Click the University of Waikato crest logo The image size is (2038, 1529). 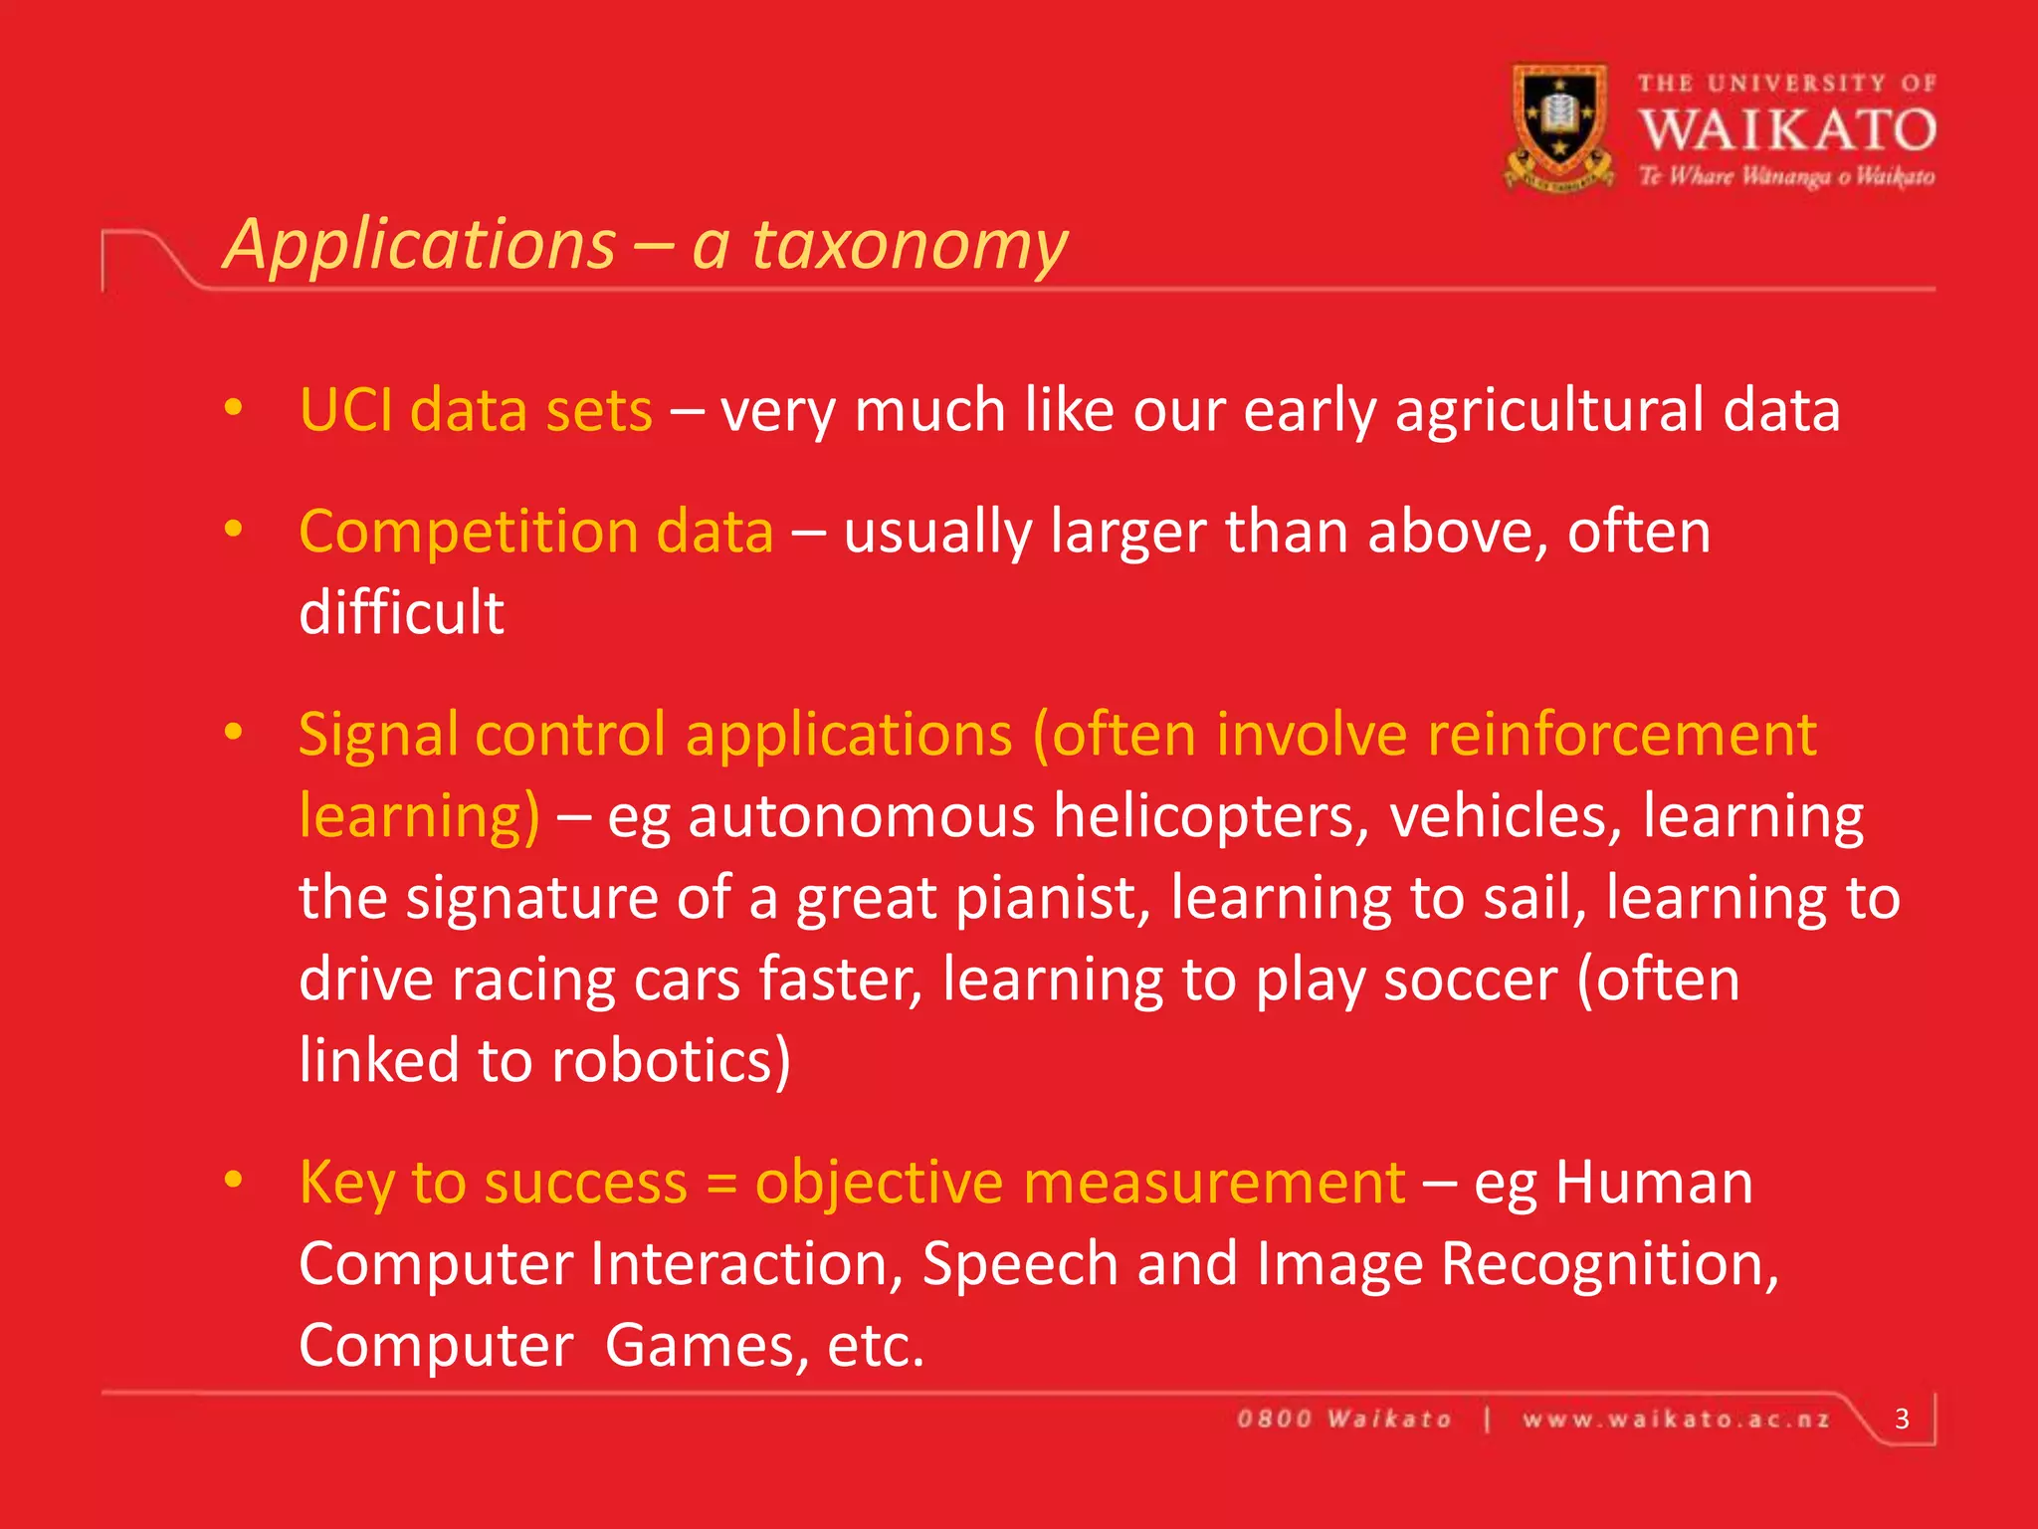(1558, 126)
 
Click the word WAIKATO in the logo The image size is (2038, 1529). (1787, 130)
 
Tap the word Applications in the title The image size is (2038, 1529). (420, 245)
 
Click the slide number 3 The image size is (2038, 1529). (1902, 1419)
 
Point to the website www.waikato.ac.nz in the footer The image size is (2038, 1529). (1676, 1420)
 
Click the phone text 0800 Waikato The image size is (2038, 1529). (1344, 1420)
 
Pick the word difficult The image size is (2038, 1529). (402, 611)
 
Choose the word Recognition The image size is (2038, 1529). (1609, 1264)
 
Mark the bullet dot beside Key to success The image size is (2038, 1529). (234, 1181)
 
